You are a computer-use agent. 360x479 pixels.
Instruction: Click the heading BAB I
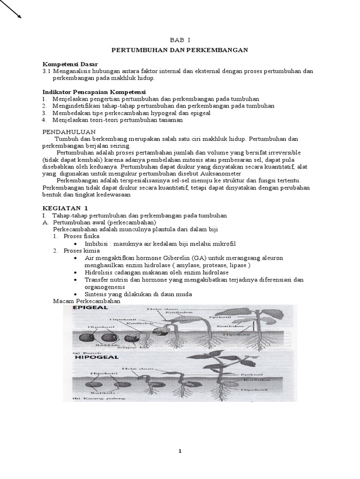(180, 41)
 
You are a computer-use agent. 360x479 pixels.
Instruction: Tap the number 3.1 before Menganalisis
(46, 71)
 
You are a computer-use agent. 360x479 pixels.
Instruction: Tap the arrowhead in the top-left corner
(19, 17)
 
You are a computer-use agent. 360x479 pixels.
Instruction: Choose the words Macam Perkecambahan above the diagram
(87, 301)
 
